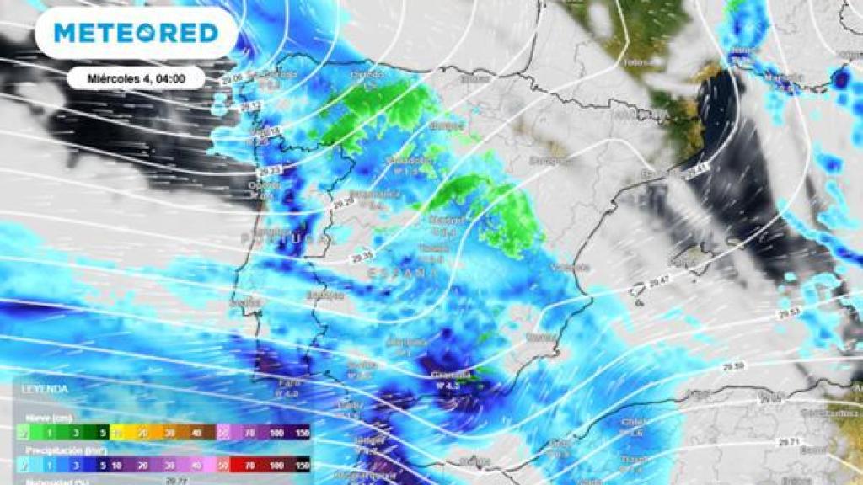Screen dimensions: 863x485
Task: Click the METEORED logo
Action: click(136, 34)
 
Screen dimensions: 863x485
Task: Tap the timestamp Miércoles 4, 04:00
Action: click(136, 78)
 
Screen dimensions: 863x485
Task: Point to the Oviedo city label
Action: click(367, 74)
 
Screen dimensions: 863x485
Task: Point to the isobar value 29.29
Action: click(341, 203)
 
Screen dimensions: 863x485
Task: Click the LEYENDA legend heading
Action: click(46, 390)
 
